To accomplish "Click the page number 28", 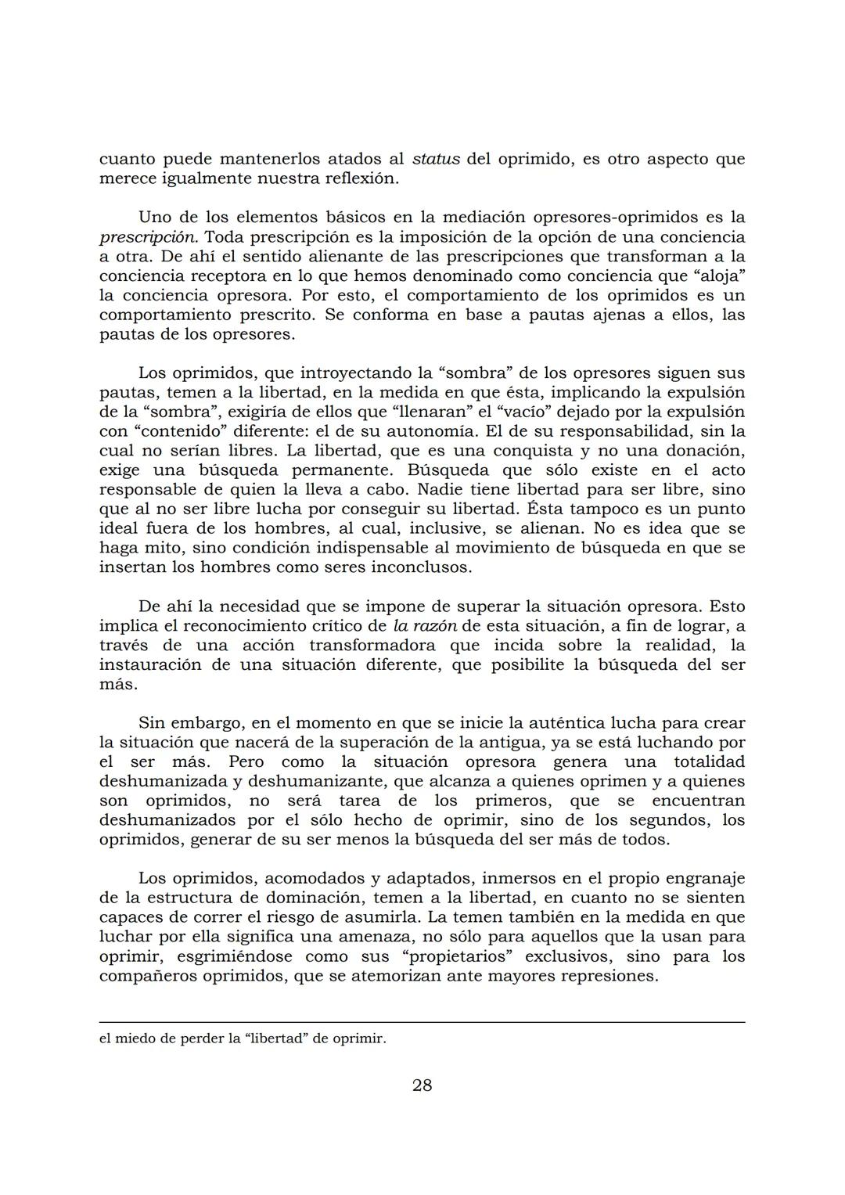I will pos(422,1085).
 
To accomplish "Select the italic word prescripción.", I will pos(146,236).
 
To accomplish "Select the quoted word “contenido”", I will pos(178,431).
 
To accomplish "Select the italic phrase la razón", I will pos(424,626).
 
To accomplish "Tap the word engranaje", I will pos(699,878).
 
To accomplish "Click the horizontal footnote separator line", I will pos(422,1021).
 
